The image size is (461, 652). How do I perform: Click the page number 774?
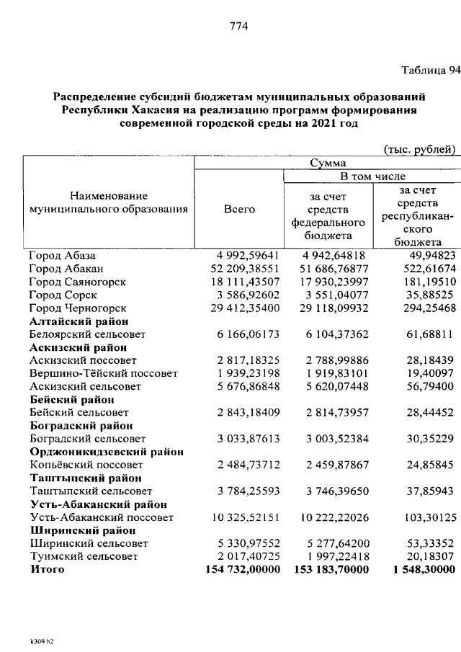click(238, 27)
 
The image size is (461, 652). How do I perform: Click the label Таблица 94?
click(430, 70)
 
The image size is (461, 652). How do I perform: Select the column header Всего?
click(239, 209)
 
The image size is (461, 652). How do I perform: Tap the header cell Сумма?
click(328, 164)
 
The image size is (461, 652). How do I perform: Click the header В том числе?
click(372, 177)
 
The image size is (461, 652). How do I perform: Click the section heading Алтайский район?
click(79, 321)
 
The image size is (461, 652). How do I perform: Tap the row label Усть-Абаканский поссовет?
click(102, 517)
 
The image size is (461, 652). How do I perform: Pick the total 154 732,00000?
click(236, 569)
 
